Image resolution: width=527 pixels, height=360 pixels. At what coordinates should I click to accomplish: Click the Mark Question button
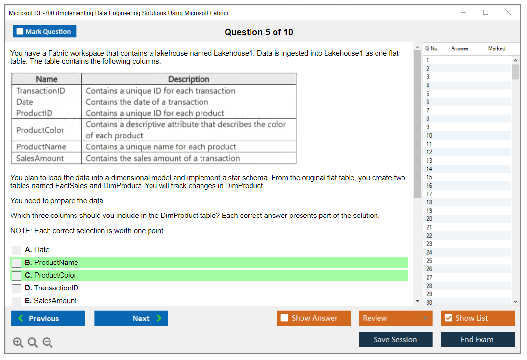(x=45, y=31)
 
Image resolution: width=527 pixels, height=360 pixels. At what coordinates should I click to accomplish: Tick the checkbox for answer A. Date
(x=17, y=250)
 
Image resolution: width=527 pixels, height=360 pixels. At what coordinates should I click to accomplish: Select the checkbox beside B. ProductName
(x=17, y=263)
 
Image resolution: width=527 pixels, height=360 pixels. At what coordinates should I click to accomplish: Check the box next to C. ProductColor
(x=17, y=276)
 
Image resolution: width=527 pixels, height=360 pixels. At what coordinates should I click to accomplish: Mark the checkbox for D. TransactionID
(x=17, y=288)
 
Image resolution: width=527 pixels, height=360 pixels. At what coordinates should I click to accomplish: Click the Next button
(x=131, y=318)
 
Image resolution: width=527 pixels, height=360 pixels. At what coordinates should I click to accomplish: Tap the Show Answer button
(x=314, y=318)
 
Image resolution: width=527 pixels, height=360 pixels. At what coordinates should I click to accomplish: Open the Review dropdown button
(x=396, y=318)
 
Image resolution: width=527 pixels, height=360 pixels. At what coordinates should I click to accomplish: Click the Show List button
(x=477, y=318)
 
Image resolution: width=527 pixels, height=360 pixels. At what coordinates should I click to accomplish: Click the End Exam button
(x=477, y=339)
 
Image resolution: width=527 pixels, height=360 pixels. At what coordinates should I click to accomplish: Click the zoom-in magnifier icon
(x=18, y=342)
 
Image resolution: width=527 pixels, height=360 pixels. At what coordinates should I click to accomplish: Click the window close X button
(x=508, y=13)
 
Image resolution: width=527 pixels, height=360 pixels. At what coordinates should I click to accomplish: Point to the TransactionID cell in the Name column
(x=41, y=91)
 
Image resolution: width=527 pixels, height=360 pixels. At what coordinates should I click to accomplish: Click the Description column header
(x=189, y=79)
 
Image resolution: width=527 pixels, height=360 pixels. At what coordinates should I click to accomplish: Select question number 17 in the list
(x=429, y=194)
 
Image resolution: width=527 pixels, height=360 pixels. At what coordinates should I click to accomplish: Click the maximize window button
(x=486, y=13)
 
